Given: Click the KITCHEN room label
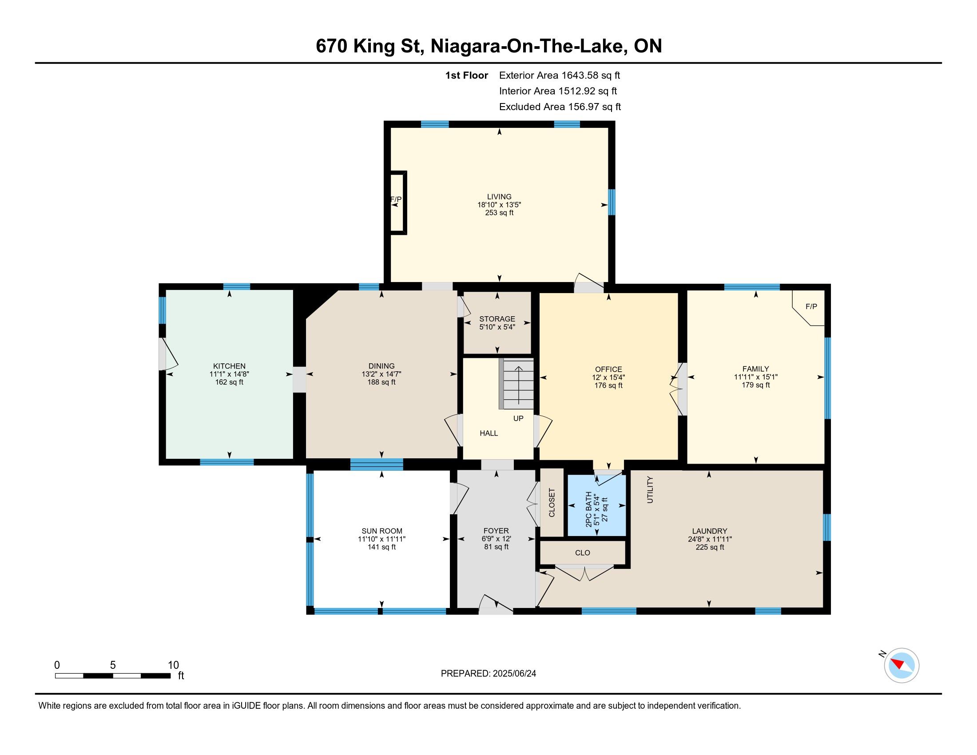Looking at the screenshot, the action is point(229,366).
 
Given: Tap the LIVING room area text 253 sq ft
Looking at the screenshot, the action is point(499,213).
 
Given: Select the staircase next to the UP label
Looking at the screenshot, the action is point(516,384).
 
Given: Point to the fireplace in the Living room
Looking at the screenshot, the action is point(398,203).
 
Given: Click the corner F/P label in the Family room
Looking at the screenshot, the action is point(811,306).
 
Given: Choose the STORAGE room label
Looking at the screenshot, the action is point(497,319).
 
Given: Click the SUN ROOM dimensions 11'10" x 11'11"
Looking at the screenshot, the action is point(381,540).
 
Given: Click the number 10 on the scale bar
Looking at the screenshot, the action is point(173,665).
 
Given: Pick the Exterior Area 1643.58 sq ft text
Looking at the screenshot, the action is point(560,75).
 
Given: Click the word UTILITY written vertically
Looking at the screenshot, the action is point(650,490).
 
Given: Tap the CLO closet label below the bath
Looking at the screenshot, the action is point(583,553).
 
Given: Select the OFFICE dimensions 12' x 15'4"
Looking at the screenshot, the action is point(608,377).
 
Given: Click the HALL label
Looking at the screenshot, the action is point(488,433).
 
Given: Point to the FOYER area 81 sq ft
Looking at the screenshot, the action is point(496,547).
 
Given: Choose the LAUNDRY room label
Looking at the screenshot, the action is point(710,531).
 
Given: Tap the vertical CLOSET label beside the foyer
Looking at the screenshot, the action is point(552,503).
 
